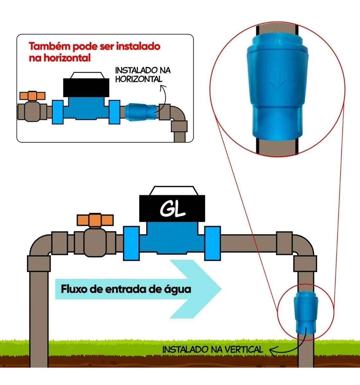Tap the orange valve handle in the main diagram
[95, 220]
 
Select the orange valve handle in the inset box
[32, 96]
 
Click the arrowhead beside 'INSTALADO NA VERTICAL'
[272, 351]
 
